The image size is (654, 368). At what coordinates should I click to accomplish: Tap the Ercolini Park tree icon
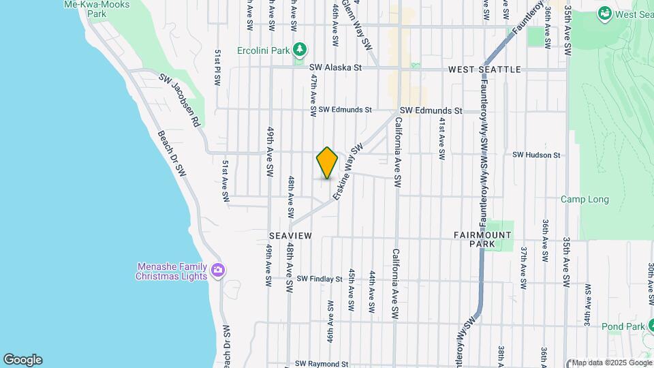click(x=299, y=50)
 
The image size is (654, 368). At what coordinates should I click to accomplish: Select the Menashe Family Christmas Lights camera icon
click(x=218, y=271)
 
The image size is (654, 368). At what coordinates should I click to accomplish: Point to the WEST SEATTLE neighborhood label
click(x=484, y=70)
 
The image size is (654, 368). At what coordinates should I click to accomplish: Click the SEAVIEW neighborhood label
click(x=290, y=235)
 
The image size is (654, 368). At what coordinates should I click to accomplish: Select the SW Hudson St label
click(x=536, y=155)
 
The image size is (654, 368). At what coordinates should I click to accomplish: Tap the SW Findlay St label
click(x=320, y=279)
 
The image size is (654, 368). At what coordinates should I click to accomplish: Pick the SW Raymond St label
click(x=322, y=365)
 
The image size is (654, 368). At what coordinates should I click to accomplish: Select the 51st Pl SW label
click(x=218, y=67)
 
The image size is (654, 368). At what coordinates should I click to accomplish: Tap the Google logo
click(x=22, y=359)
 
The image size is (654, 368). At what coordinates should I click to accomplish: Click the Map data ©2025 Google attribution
click(x=611, y=363)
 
